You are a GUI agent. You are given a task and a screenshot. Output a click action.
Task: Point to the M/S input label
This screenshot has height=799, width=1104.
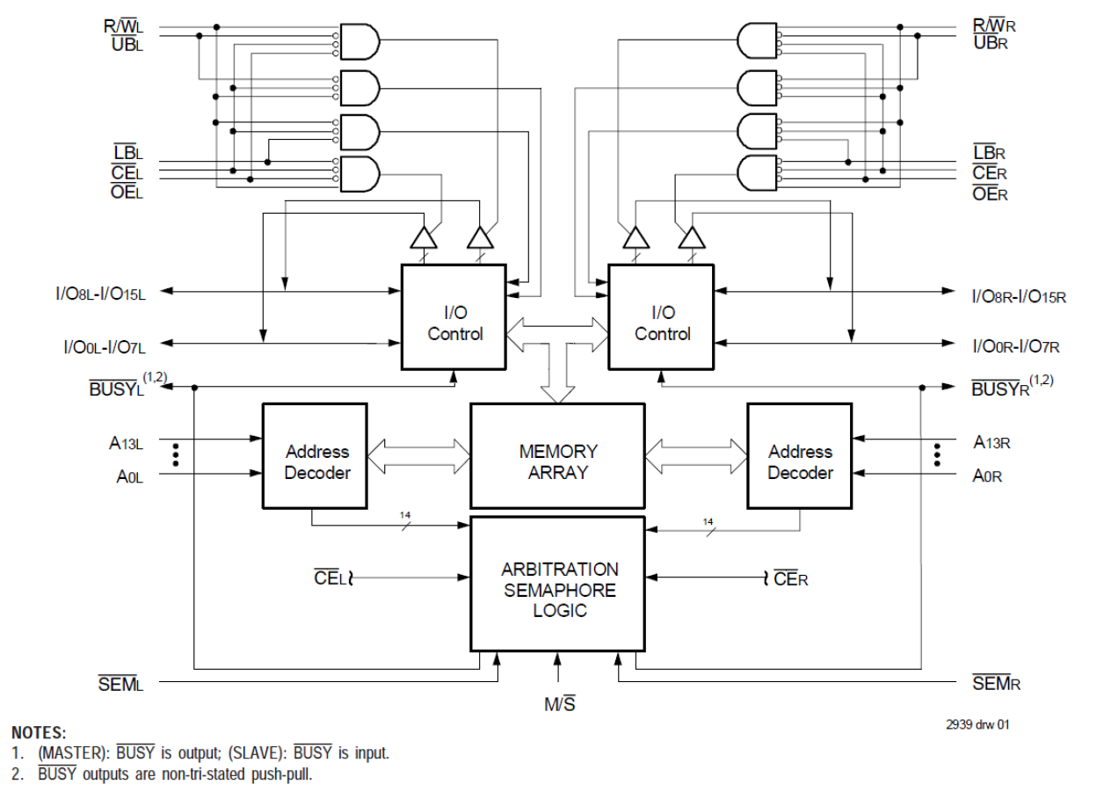(x=559, y=703)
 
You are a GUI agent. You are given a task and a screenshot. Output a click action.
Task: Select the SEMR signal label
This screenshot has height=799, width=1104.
(x=996, y=683)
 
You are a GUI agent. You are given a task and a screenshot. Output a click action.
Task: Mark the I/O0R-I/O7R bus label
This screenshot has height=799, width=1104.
(x=1015, y=346)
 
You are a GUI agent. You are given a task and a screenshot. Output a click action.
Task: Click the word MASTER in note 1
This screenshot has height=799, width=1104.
(x=74, y=753)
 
